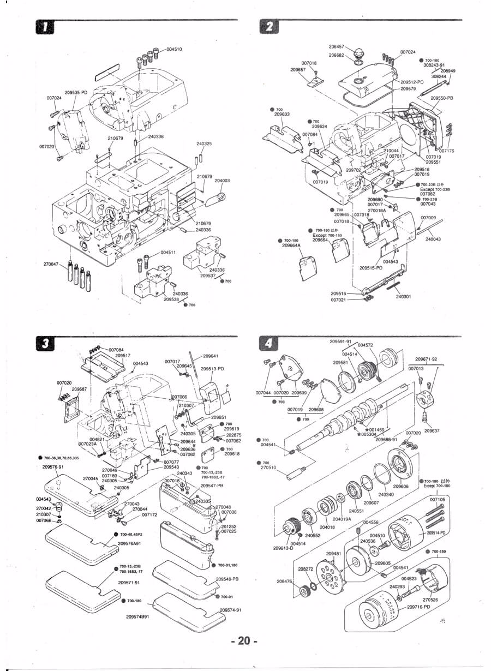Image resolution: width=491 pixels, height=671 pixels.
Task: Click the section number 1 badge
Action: pyautogui.click(x=40, y=26)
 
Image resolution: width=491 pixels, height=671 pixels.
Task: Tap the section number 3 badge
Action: pyautogui.click(x=41, y=343)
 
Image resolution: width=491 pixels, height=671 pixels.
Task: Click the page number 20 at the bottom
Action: pyautogui.click(x=244, y=641)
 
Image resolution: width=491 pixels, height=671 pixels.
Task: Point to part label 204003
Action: pyautogui.click(x=222, y=181)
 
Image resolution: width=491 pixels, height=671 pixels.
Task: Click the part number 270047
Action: pyautogui.click(x=51, y=264)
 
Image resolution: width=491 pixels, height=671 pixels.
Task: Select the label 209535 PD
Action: pyautogui.click(x=76, y=93)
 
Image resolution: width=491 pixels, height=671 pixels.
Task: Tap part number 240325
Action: pyautogui.click(x=204, y=144)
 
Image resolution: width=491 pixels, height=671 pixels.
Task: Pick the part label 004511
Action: pyautogui.click(x=168, y=253)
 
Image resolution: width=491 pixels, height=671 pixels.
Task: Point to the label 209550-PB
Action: pyautogui.click(x=442, y=98)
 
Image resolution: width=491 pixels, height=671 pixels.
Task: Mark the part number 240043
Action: pyautogui.click(x=433, y=239)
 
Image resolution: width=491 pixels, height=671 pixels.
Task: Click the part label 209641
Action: pyautogui.click(x=211, y=356)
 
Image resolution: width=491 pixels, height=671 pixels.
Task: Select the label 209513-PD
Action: pyautogui.click(x=212, y=369)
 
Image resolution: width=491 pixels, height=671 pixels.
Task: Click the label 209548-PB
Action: pyautogui.click(x=227, y=579)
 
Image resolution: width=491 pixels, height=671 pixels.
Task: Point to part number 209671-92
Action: pyautogui.click(x=426, y=359)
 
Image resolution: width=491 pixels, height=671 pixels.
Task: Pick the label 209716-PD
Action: pyautogui.click(x=419, y=607)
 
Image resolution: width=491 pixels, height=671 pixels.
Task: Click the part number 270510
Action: pyautogui.click(x=268, y=468)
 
